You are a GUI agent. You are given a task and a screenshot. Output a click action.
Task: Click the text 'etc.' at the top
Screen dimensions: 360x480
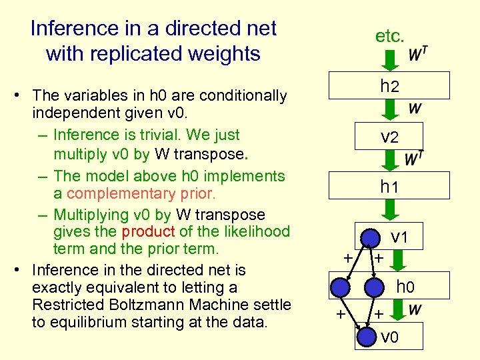click(x=389, y=36)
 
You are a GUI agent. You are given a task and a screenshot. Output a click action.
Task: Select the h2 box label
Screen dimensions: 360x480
click(x=389, y=85)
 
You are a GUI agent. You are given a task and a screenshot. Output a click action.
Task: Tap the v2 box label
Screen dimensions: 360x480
click(x=389, y=137)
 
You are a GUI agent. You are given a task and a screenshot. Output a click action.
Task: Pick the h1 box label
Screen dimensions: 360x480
click(x=389, y=187)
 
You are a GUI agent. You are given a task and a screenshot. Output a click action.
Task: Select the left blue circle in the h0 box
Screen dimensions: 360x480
click(x=341, y=287)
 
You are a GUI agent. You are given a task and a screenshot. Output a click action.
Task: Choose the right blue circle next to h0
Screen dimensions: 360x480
click(x=375, y=287)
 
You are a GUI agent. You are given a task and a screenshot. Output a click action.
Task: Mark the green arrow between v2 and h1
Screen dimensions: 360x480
click(x=389, y=160)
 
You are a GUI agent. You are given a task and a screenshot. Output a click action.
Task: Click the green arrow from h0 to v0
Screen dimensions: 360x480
click(x=397, y=310)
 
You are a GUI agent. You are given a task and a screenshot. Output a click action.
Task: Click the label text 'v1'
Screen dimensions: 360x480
click(x=399, y=237)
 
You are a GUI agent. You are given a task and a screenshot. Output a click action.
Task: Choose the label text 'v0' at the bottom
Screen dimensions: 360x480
click(x=390, y=337)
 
